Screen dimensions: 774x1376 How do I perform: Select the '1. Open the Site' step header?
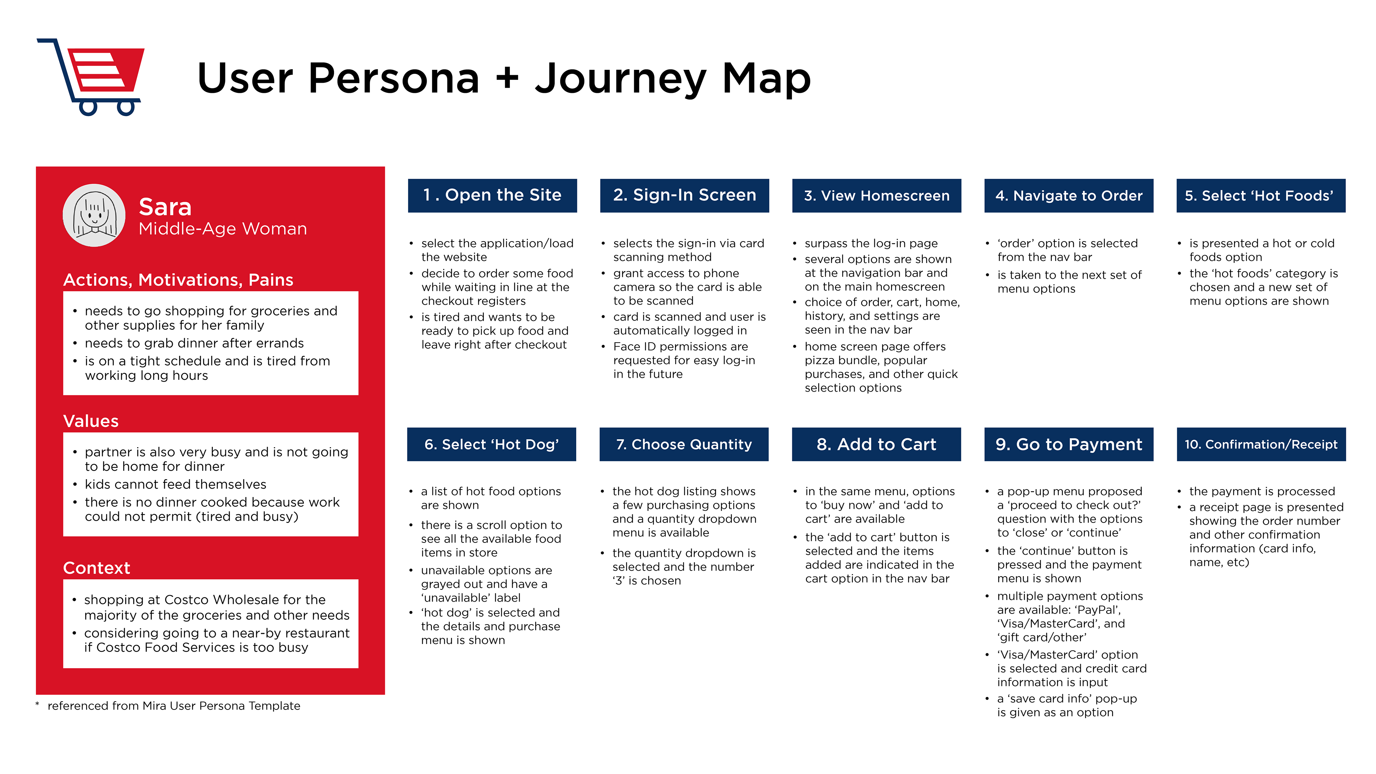point(492,196)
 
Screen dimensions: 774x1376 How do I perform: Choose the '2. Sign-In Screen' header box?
point(684,196)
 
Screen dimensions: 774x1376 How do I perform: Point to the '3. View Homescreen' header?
point(876,196)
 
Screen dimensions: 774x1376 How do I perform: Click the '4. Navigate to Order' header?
point(1069,196)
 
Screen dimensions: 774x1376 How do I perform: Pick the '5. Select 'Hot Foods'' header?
point(1261,196)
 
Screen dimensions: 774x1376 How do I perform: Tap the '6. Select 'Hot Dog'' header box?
point(491,444)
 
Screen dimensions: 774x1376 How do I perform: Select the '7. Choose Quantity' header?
point(684,444)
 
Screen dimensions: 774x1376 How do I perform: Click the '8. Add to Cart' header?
point(876,444)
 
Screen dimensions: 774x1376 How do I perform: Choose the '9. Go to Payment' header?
point(1069,444)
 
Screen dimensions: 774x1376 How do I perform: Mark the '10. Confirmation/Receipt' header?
point(1261,444)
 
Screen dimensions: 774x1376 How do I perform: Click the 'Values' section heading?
point(91,421)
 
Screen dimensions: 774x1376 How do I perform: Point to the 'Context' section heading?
point(97,568)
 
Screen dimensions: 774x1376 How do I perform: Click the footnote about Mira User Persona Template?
point(173,706)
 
